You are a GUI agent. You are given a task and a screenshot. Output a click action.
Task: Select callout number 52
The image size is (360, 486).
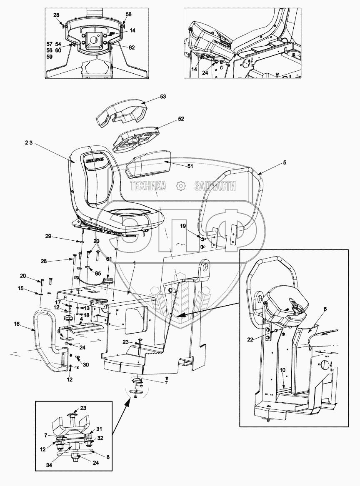tap(181, 119)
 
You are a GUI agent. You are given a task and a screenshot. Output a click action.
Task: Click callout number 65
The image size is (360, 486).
tap(98, 274)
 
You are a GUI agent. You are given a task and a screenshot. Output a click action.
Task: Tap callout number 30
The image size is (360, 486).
tap(86, 365)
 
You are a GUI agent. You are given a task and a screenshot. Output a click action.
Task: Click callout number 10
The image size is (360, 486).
tap(282, 370)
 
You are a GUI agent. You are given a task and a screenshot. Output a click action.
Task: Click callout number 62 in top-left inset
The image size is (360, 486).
tap(132, 47)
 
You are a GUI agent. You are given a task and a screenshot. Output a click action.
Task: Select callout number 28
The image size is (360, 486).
tap(56, 15)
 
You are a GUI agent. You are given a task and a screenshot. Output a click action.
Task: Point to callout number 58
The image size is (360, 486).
tap(128, 14)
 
